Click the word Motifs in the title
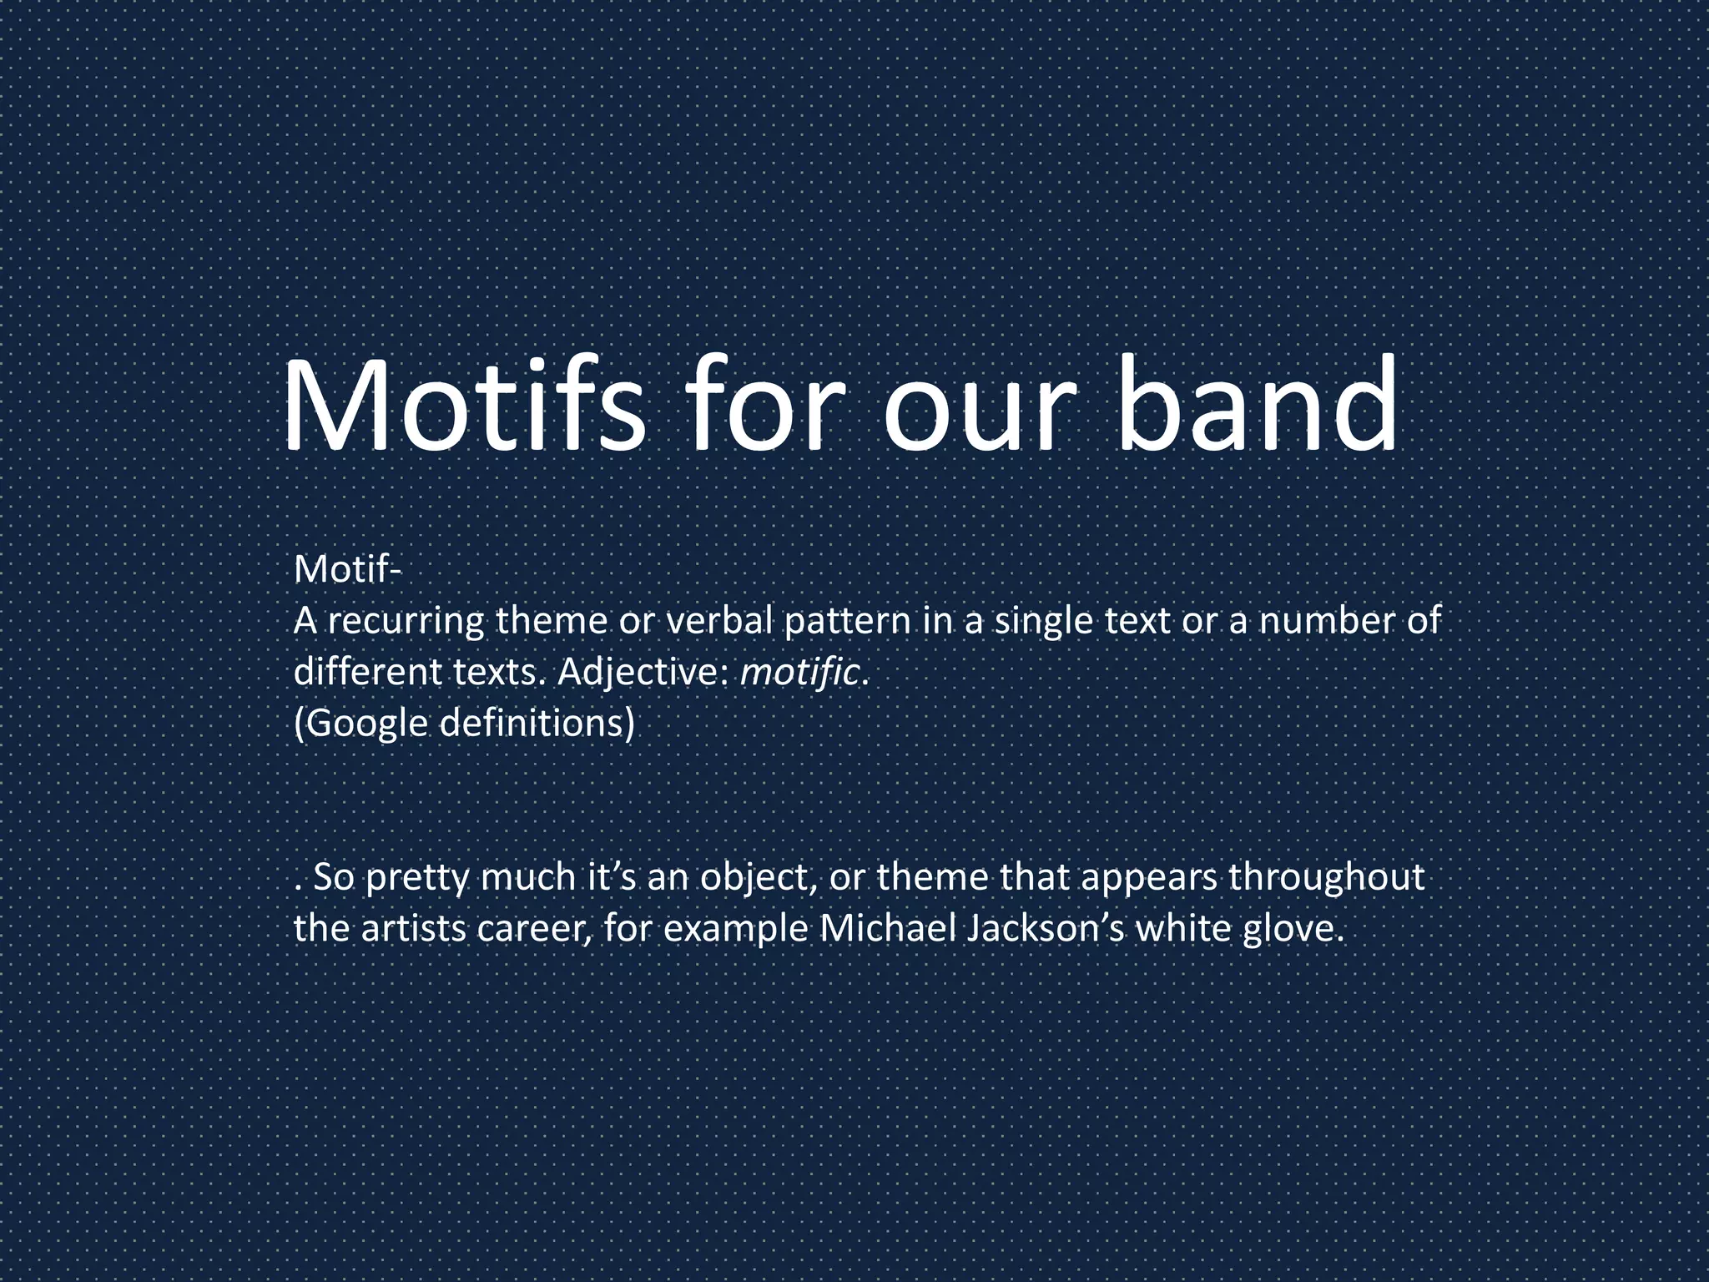464,406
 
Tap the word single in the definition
1040,622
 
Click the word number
1320,622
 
